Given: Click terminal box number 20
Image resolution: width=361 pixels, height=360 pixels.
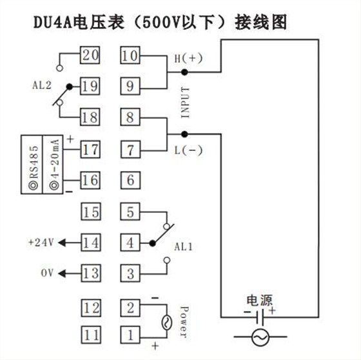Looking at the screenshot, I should (x=90, y=55).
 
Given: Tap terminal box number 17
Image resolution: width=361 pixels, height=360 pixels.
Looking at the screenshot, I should (x=90, y=150).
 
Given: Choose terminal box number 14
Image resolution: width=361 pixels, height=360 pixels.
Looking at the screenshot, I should (x=90, y=243).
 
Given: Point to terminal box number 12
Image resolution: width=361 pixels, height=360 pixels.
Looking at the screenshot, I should (x=90, y=306).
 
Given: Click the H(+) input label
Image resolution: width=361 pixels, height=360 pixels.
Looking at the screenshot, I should (x=188, y=58).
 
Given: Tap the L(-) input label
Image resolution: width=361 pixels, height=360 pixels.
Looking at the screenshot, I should (x=188, y=150).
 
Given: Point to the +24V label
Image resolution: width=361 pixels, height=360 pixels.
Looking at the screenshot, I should (x=40, y=243).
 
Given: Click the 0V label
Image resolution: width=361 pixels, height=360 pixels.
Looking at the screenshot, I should (x=47, y=273).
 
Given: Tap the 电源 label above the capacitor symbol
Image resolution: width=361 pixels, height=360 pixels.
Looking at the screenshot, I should (x=260, y=301).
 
